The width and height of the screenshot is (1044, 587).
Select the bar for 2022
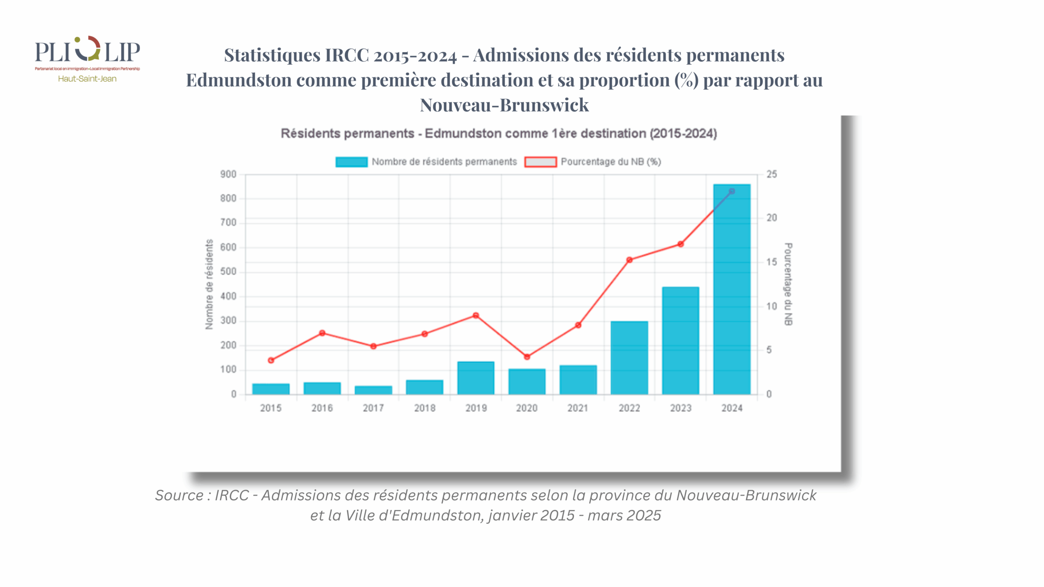[629, 358]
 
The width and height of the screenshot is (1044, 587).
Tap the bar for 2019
[476, 378]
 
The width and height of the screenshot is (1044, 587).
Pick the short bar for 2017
[373, 390]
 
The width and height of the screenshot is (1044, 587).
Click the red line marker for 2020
[527, 357]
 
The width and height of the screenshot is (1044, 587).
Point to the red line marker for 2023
[681, 244]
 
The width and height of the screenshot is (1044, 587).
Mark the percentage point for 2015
[271, 360]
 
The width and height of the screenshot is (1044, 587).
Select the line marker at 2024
[732, 191]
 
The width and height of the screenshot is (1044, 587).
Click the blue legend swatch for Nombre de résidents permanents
[351, 162]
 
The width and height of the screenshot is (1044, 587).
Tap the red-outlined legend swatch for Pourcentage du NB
[540, 162]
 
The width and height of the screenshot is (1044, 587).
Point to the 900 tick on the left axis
[228, 174]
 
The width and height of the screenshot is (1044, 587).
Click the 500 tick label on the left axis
[228, 272]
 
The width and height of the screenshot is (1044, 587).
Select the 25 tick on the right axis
[772, 174]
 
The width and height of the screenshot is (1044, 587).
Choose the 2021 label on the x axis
[578, 408]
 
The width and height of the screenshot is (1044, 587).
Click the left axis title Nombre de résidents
[209, 284]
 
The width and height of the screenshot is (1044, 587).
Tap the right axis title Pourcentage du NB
[788, 284]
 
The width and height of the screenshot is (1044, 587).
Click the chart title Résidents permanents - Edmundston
[498, 134]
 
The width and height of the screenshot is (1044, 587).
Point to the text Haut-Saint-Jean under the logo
[87, 79]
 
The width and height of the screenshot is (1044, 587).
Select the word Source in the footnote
[179, 495]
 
